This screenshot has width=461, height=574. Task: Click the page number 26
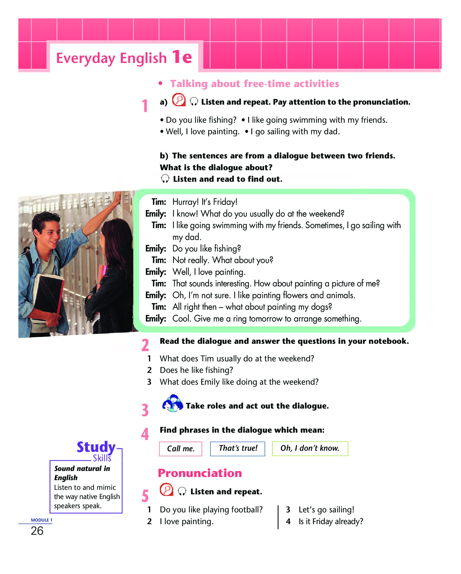pos(37,531)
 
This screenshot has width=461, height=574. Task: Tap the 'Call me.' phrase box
pos(180,449)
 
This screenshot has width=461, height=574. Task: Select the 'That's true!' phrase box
pos(237,449)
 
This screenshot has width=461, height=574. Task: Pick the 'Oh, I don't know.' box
pos(310,449)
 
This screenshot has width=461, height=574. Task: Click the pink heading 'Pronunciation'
pos(200,473)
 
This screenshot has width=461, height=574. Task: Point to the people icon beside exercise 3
pos(172,403)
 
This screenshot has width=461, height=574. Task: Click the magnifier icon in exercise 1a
pos(179,100)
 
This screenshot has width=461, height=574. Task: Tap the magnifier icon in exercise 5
pos(166,489)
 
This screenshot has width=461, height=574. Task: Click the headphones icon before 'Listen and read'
pos(165,179)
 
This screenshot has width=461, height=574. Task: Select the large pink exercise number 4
pos(145,434)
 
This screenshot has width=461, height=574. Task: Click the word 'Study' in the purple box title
pos(96,447)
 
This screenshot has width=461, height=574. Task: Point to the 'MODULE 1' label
pos(41,520)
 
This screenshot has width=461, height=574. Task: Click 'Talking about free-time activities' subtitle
pos(254,84)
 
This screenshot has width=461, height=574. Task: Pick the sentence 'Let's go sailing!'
pos(326,509)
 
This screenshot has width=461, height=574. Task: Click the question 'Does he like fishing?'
pos(196,370)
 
